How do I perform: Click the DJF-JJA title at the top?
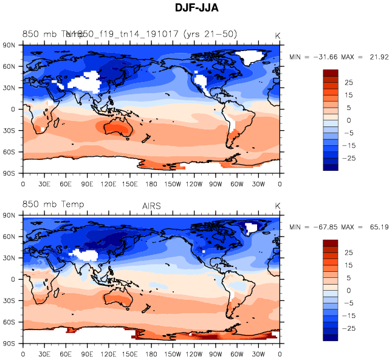196,9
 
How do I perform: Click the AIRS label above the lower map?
151,206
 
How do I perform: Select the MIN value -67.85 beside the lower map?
326,227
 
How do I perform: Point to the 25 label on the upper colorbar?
349,82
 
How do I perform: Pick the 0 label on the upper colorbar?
349,120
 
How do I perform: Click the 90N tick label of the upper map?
9,45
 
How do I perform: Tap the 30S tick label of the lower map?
9,300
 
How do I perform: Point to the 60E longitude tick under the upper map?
66,184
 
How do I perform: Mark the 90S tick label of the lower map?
9,343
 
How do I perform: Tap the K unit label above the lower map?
278,206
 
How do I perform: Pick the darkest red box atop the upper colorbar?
330,72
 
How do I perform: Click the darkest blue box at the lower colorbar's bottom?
330,337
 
